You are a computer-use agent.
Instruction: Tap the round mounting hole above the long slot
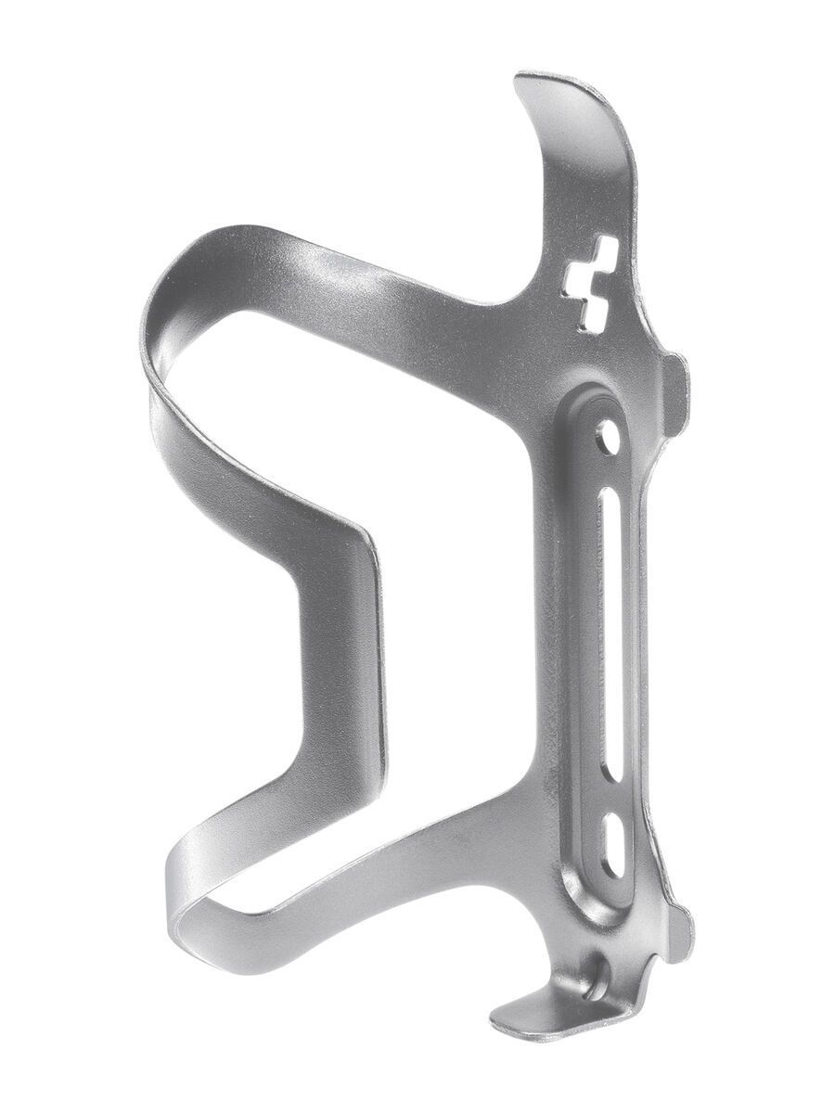[608, 435]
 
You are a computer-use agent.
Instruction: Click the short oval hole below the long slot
[613, 844]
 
